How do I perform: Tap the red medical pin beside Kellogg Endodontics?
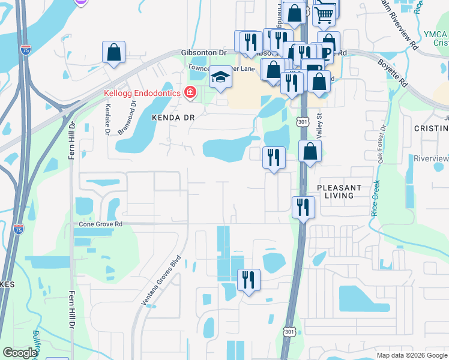(190, 92)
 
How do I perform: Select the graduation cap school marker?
(220, 77)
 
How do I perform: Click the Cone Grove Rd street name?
(101, 224)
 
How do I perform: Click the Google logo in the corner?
(20, 353)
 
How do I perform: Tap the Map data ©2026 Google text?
(411, 355)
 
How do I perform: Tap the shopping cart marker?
(324, 13)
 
